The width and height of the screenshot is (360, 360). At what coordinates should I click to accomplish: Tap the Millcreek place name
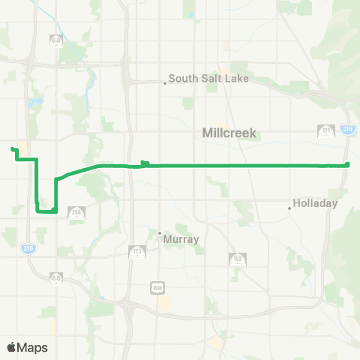(x=229, y=133)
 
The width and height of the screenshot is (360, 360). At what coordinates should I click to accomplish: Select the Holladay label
(x=315, y=203)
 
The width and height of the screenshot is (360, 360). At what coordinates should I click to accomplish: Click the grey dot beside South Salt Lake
(x=165, y=82)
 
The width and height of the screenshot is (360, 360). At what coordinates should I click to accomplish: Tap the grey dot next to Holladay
(x=290, y=208)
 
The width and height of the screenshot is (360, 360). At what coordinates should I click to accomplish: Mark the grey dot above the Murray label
(x=160, y=232)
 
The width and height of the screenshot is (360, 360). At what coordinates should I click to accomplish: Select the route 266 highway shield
(x=76, y=213)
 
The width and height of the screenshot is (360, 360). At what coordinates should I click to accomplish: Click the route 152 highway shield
(x=236, y=259)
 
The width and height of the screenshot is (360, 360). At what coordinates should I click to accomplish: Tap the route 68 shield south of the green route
(x=55, y=278)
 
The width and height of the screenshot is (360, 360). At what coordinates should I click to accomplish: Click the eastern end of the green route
(x=348, y=165)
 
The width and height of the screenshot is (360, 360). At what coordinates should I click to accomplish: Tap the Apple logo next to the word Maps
(x=12, y=347)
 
